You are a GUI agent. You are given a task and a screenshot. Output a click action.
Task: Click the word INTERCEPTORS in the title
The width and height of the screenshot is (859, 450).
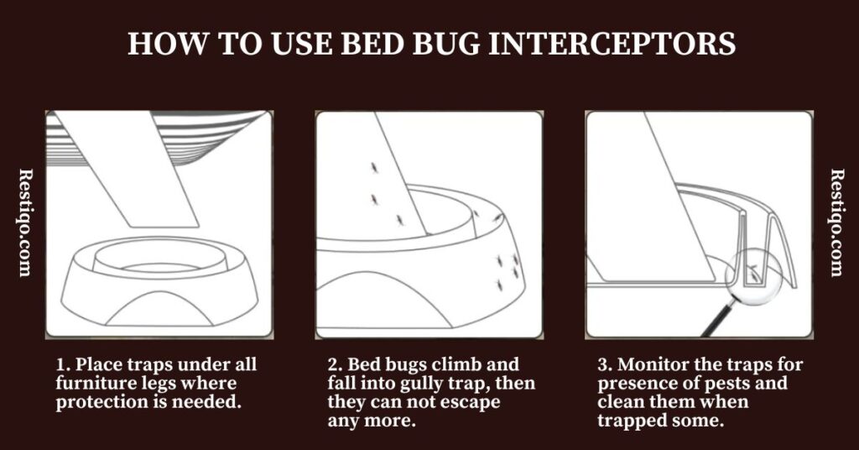(x=612, y=43)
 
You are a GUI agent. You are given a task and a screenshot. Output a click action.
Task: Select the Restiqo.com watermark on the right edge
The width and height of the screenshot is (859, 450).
(x=837, y=222)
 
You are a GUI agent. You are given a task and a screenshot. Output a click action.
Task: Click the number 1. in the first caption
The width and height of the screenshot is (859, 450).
(x=63, y=364)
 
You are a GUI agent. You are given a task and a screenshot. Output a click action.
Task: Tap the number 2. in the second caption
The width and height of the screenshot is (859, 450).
(x=335, y=364)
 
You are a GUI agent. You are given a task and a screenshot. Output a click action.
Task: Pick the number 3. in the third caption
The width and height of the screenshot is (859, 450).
(x=605, y=364)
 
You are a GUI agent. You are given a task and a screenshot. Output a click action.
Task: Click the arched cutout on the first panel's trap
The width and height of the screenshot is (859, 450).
(x=159, y=309)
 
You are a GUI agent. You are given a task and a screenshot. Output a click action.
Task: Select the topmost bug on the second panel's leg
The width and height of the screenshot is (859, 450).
(x=374, y=166)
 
